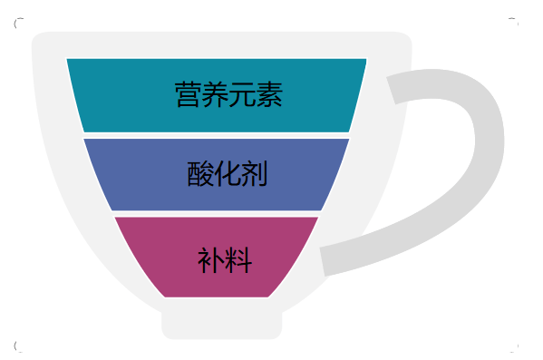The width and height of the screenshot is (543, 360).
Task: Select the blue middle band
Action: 127,174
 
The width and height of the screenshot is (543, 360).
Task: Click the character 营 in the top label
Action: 189,94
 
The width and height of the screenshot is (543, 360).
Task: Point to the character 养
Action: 216,94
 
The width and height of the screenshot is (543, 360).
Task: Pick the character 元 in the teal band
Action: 242,94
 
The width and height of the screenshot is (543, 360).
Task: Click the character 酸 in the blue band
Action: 201,174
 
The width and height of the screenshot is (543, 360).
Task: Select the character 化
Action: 228,174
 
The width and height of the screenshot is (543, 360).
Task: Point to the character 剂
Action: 255,174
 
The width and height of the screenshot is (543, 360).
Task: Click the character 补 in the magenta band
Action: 210,260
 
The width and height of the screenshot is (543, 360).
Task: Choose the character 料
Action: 238,260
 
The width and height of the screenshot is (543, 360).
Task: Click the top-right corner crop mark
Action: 514,20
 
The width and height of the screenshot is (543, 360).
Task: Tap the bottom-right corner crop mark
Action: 514,346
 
